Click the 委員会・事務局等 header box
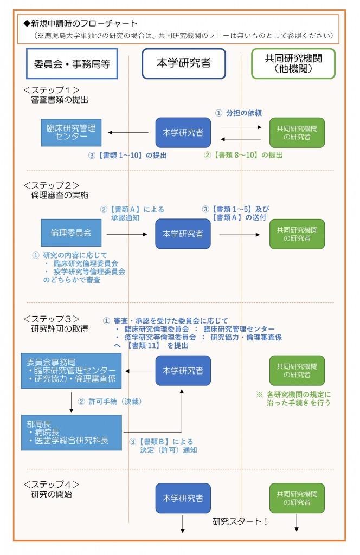pos(72,63)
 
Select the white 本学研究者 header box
pos(183,63)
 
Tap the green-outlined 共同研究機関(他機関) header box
pos(293,63)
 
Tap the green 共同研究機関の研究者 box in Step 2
pos(297,234)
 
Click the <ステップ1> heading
pos(52,90)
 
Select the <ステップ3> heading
pos(52,318)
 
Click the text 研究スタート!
pos(240,522)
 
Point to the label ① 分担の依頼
pos(239,113)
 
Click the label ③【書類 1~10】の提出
pos(127,155)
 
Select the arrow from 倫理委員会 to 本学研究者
pos(127,234)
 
